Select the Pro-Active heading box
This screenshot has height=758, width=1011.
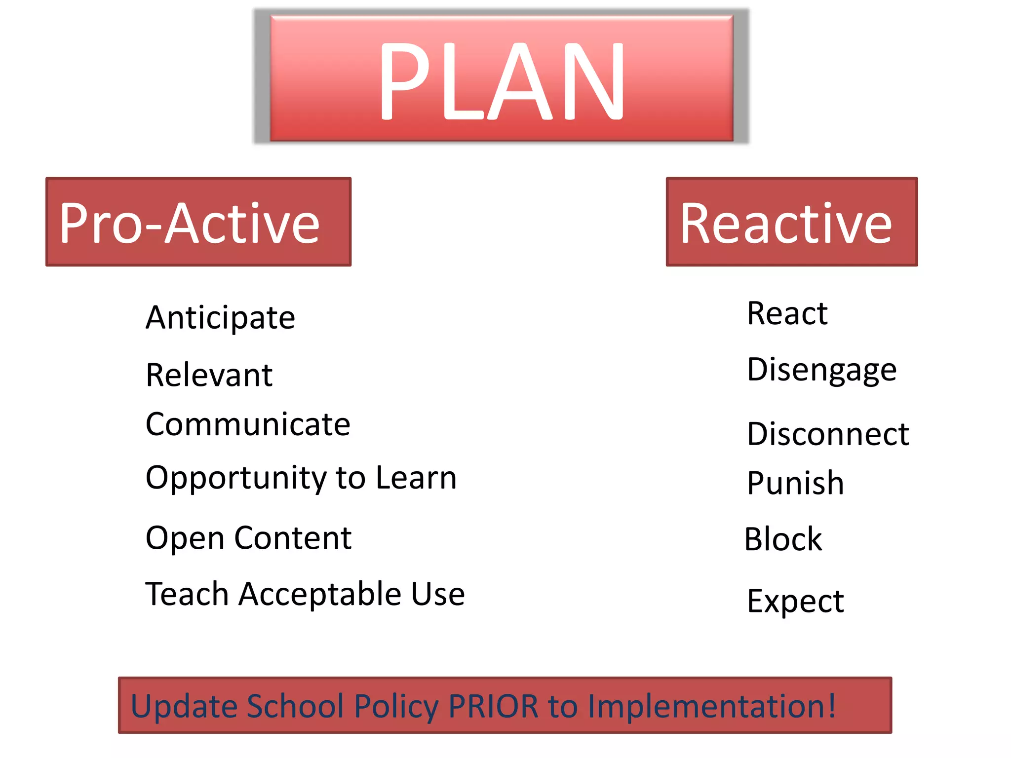click(198, 222)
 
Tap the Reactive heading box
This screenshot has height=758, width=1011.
click(791, 222)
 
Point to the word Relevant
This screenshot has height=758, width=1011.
click(209, 375)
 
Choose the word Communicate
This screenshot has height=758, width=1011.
click(248, 424)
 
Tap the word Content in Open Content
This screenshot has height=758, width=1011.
click(293, 537)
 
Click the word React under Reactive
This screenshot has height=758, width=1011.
click(787, 313)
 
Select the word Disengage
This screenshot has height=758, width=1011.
click(821, 370)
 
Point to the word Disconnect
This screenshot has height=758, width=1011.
click(828, 434)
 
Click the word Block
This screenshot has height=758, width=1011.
click(783, 539)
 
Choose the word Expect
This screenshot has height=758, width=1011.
click(795, 602)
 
